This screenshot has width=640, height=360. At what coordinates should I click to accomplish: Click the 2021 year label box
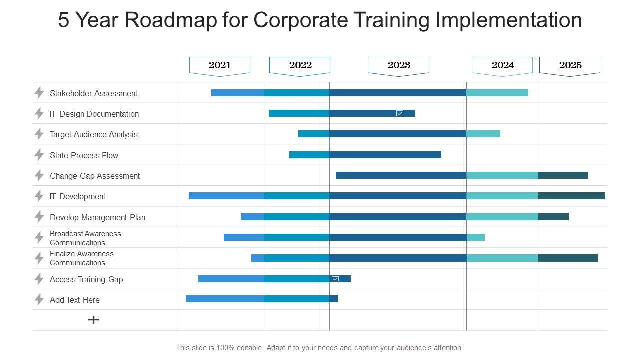[220, 65]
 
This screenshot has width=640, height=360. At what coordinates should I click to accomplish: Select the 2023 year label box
[398, 65]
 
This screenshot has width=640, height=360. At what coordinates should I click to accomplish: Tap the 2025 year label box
[570, 65]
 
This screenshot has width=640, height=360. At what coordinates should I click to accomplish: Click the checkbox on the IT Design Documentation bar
[400, 113]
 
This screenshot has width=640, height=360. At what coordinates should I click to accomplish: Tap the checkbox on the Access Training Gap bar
[335, 279]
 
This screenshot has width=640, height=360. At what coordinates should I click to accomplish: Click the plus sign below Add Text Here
[93, 320]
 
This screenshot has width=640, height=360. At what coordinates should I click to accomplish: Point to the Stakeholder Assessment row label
[93, 93]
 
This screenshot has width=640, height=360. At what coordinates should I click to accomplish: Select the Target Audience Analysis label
[93, 134]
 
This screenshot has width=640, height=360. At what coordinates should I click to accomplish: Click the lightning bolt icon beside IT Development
[39, 196]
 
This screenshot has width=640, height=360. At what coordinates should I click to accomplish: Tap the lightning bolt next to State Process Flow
[39, 155]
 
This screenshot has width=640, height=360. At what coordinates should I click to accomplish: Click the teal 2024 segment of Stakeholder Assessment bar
[497, 93]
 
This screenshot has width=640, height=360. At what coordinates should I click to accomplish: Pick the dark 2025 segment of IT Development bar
[572, 196]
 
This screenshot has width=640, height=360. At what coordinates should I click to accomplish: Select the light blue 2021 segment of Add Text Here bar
[225, 299]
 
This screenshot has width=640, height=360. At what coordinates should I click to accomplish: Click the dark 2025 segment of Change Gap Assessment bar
[563, 175]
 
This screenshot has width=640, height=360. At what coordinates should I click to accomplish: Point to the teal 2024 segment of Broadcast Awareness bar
[476, 237]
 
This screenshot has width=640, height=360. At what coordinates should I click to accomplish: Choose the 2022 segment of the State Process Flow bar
[309, 155]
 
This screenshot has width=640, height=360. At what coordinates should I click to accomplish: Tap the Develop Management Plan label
[97, 217]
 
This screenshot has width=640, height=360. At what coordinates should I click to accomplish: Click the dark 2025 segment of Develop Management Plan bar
[553, 217]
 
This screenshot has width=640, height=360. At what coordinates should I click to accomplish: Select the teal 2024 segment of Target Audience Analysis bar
[483, 134]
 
